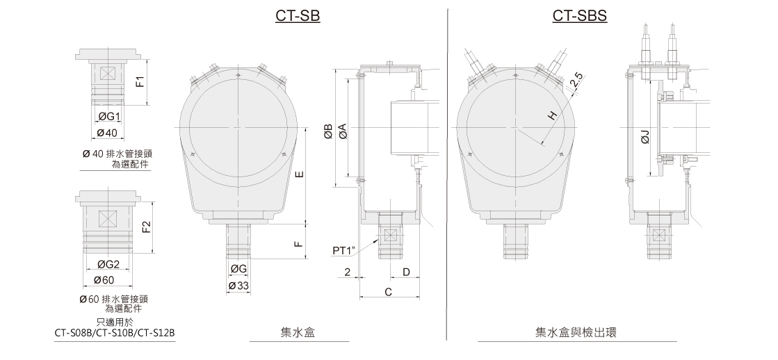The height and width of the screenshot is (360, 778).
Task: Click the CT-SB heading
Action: coord(298,16)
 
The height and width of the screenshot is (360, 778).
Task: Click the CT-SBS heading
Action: coord(580,16)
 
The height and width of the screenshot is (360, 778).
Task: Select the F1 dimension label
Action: coord(141,81)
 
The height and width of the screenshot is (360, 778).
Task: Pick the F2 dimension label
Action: coord(146,227)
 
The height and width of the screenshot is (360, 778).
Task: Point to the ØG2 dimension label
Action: coord(108,264)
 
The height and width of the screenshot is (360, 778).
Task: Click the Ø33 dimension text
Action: coord(238,286)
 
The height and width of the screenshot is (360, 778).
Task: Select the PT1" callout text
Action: coord(344,251)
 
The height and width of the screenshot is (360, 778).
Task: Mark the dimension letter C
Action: coord(388,293)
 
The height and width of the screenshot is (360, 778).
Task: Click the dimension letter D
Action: coord(406,272)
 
